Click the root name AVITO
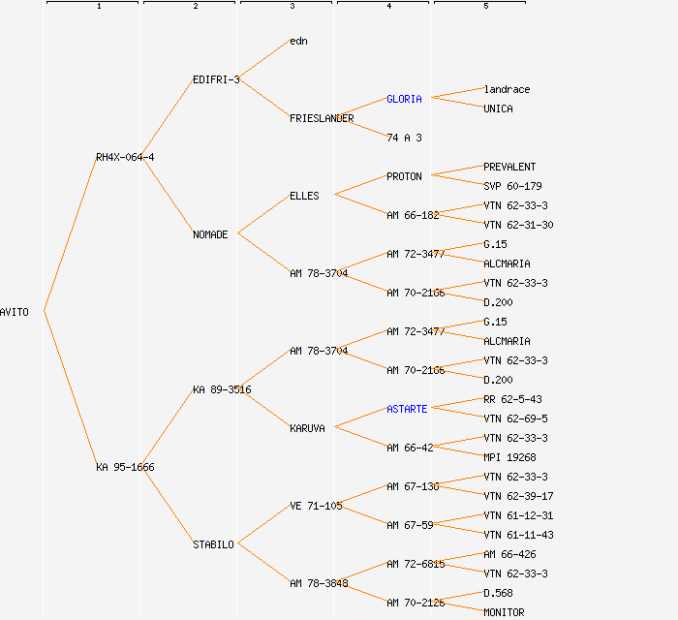point(15,312)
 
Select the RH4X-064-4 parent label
point(125,157)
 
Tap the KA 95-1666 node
point(125,467)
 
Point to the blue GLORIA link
point(404,99)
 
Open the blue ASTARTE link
point(407,409)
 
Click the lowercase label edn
point(298,41)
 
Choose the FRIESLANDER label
point(322,118)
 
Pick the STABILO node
point(214,544)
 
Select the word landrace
point(507,89)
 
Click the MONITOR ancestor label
point(504,612)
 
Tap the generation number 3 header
point(293,6)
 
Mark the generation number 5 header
point(486,6)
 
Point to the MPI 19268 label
point(509,457)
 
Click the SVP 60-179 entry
point(512,186)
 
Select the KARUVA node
point(307,428)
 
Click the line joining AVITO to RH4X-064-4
point(71,233)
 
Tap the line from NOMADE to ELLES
point(263,214)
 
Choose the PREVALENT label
point(509,167)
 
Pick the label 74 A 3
point(404,138)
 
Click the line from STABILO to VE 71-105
point(263,524)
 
